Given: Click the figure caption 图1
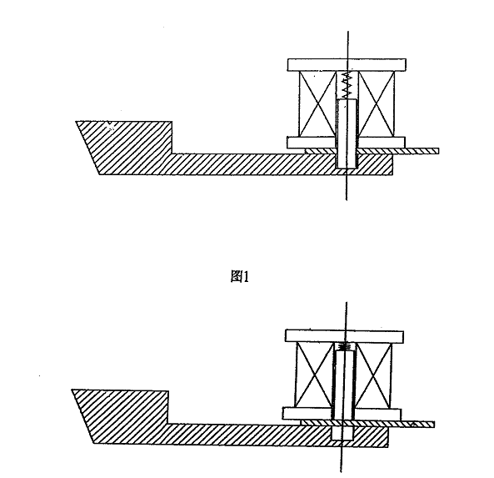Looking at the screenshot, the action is pos(240,277).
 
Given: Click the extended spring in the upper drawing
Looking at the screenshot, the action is pos(347,85).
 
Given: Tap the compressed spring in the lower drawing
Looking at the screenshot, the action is pos(344,346).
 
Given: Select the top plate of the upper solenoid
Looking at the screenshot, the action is pos(347,65).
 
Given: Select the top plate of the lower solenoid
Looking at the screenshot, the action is pos(344,336).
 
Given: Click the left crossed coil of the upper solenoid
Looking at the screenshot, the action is pos(317,103).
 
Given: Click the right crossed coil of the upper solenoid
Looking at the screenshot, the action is pos(377,103).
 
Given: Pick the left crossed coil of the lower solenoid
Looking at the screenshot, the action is pos(314,375).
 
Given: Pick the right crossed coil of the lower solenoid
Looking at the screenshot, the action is pos(374,375).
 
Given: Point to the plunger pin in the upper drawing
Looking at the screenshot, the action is pos(347,133).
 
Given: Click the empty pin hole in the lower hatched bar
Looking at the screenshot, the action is pos(342,434).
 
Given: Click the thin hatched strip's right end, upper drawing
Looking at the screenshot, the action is pos(438,151).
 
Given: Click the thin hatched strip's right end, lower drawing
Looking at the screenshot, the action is pos(434,425).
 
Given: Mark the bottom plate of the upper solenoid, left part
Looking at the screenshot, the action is pos(312,143).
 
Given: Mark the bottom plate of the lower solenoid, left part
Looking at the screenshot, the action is pos(307,414).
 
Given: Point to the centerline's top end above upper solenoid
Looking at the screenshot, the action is pos(348,31).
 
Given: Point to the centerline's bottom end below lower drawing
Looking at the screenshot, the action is pos(341,472).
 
